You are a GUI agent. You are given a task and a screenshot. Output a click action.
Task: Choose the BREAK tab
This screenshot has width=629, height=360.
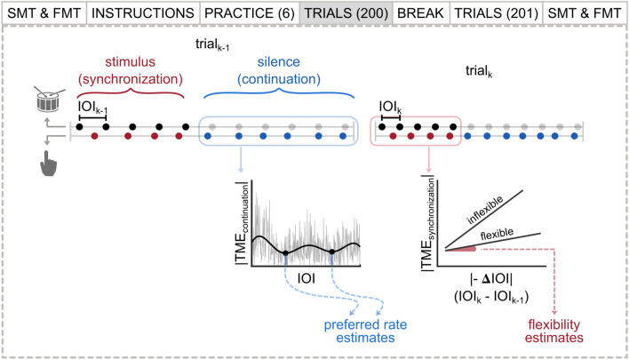(420, 13)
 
